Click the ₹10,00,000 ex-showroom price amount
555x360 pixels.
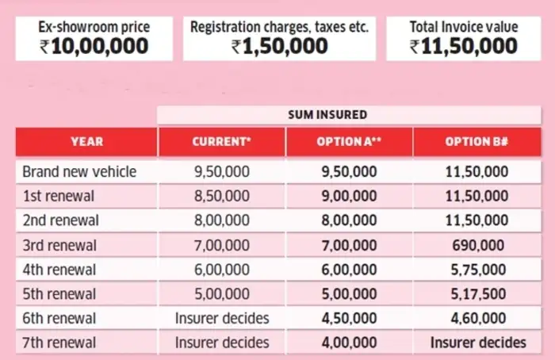[x=94, y=46]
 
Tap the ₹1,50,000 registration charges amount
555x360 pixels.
[x=280, y=46]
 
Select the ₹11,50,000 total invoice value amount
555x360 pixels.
[x=464, y=46]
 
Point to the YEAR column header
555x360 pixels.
[x=86, y=141]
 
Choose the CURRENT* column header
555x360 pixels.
[x=222, y=141]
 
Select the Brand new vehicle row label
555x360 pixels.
[x=79, y=171]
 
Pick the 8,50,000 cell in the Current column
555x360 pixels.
[x=222, y=196]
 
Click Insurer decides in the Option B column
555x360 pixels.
[x=477, y=343]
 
